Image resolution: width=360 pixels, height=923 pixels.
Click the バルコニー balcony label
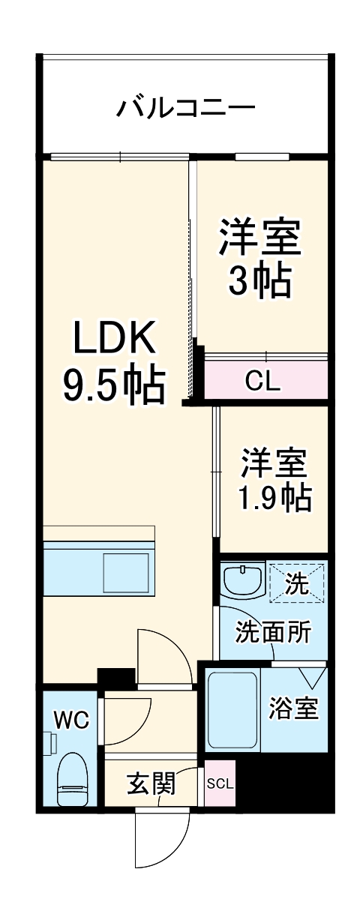pyautogui.click(x=185, y=108)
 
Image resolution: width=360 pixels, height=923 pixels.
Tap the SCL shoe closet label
pyautogui.click(x=220, y=784)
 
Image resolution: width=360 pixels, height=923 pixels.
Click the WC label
pyautogui.click(x=70, y=721)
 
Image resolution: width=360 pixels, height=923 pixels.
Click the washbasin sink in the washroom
pyautogui.click(x=241, y=580)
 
